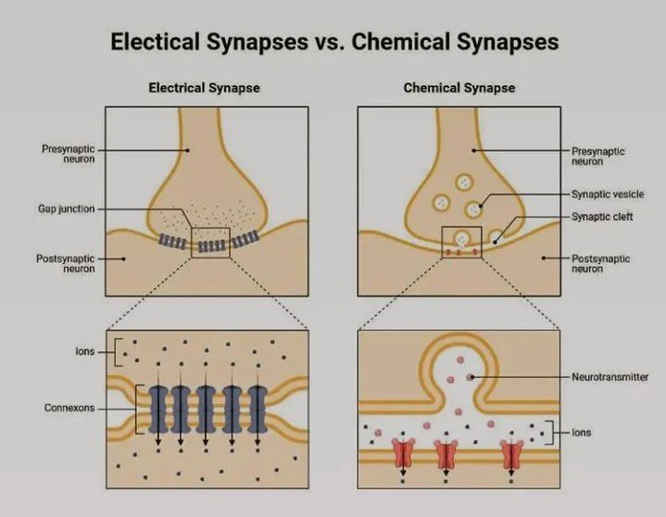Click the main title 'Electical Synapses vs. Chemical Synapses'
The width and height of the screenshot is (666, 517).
[x=333, y=43]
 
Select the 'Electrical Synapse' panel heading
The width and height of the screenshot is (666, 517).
[x=205, y=88]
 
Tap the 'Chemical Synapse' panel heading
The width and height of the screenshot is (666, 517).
[x=459, y=88]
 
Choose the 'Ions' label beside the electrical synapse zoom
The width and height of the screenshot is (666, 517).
[x=85, y=352]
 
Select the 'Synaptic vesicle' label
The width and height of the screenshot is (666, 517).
[x=608, y=195]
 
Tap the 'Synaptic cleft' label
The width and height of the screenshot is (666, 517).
[x=603, y=217]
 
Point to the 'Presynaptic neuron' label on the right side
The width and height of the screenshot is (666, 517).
[x=598, y=155]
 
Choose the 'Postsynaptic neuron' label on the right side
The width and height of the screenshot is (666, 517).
[x=601, y=264]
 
